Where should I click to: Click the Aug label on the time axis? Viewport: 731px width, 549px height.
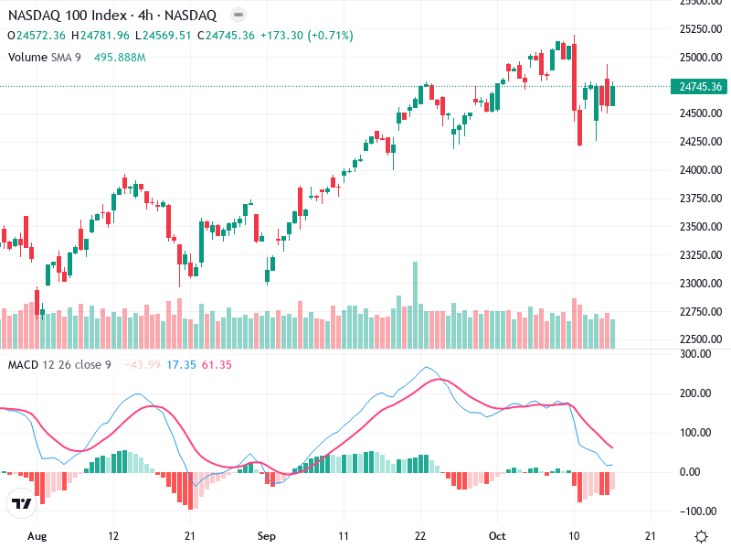[36, 536]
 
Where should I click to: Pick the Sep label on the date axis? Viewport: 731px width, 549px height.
[266, 536]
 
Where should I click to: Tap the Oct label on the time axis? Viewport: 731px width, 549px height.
[497, 536]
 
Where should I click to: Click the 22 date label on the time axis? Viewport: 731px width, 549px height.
[420, 536]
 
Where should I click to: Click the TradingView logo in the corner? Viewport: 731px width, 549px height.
[21, 503]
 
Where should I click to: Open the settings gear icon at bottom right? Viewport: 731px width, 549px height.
[701, 536]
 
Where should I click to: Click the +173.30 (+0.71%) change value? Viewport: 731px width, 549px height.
[306, 36]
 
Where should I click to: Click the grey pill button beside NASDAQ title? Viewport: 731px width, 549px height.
[238, 16]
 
